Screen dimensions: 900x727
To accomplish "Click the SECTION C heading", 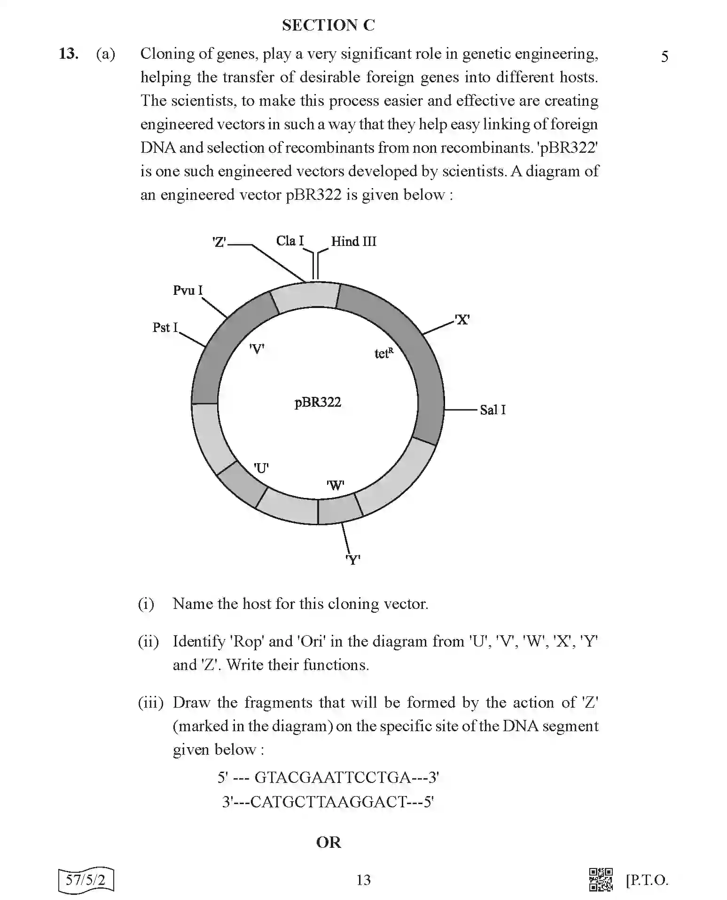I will click(328, 25).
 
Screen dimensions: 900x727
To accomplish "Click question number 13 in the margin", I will click(68, 54).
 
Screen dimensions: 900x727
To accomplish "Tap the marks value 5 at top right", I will click(664, 57).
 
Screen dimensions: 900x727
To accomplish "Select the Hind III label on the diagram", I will click(353, 242).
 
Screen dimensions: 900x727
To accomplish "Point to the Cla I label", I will click(290, 241).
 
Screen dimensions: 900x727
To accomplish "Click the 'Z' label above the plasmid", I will click(219, 243).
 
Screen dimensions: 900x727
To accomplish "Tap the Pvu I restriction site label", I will click(188, 290).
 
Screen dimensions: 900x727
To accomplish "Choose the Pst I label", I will click(165, 327).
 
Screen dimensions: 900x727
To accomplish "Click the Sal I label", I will click(492, 410).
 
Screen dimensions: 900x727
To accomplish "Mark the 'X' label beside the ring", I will click(462, 320).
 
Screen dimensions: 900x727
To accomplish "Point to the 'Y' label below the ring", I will click(352, 560).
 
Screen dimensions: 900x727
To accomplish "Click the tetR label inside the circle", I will click(383, 353).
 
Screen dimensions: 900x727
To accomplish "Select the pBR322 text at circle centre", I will click(318, 403).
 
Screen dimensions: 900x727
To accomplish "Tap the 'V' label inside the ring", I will click(257, 349).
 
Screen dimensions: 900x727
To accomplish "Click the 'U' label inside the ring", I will click(261, 468).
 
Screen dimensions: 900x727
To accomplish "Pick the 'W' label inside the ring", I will click(335, 485).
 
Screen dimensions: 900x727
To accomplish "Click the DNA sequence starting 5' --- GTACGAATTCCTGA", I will click(328, 777).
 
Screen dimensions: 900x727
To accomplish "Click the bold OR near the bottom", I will click(328, 842).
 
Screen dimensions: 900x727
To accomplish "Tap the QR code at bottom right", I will click(601, 879).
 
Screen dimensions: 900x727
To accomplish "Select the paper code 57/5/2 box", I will click(86, 880).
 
